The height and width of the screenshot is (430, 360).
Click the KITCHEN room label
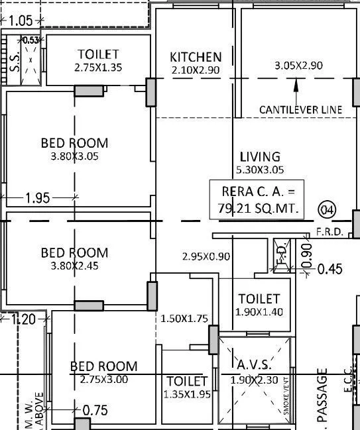tap(196, 57)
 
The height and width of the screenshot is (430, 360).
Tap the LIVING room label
tap(260, 157)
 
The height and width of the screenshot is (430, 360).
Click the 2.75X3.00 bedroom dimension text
tap(104, 380)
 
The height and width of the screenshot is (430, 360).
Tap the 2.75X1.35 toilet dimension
tap(98, 68)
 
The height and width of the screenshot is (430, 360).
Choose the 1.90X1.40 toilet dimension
tap(259, 312)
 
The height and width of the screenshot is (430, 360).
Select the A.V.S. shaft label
tap(254, 365)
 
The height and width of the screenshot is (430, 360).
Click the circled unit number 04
tap(328, 210)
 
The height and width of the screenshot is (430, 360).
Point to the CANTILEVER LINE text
tap(300, 109)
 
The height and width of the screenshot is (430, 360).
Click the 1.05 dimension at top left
tap(21, 21)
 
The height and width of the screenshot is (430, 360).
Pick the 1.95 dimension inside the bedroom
tap(38, 197)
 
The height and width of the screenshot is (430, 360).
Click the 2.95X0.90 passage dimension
tap(206, 256)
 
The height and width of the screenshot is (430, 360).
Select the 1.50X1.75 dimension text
tap(184, 319)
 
